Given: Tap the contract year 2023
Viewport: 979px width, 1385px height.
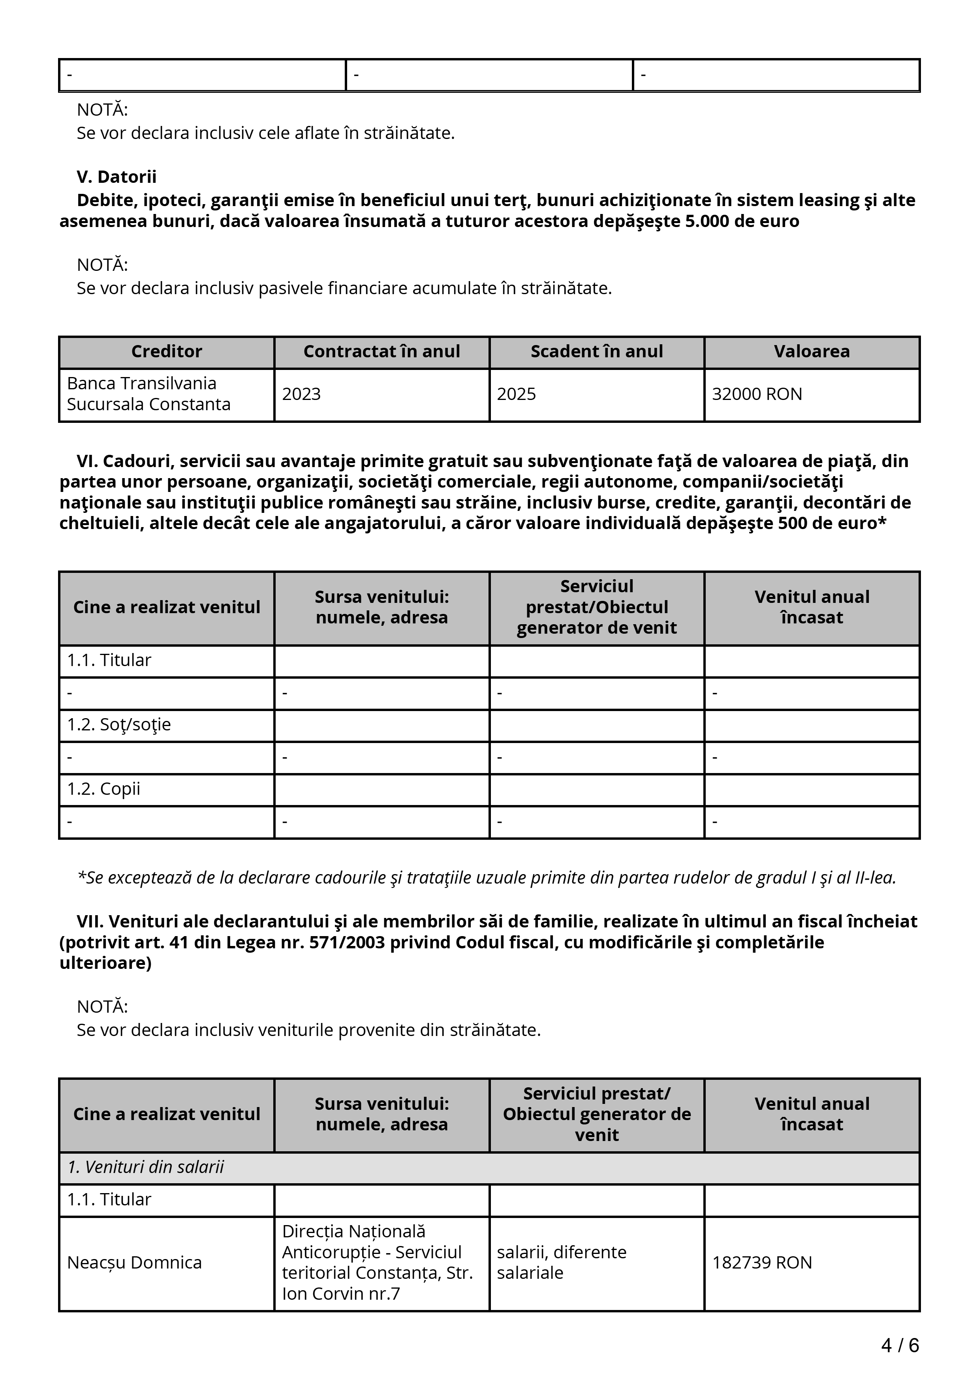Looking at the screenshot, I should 302,394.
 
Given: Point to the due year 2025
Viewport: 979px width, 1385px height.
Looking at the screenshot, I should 516,394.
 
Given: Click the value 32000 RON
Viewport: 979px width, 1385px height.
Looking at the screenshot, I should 757,394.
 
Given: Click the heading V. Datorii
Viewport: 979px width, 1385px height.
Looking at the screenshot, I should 117,177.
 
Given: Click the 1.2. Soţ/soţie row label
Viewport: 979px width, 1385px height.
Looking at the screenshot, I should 119,724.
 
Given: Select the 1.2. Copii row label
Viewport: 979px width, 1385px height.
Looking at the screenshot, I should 104,789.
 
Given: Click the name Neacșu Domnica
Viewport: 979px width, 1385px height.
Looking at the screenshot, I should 134,1263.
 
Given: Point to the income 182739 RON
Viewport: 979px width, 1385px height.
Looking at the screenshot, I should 762,1263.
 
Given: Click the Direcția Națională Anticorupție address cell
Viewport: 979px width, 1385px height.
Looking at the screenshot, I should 377,1263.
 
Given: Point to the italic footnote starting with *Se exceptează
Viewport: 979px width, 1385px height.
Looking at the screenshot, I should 487,878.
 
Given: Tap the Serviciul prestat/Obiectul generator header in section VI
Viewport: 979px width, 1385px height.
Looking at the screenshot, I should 597,608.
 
